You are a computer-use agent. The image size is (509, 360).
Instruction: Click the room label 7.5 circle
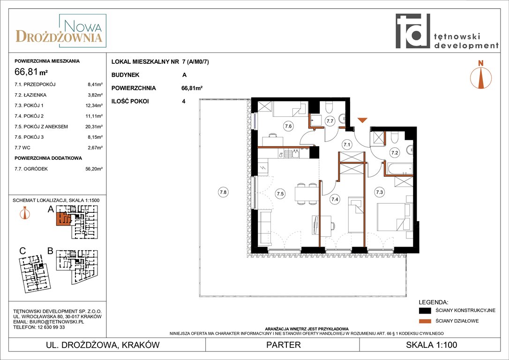pos(280,194)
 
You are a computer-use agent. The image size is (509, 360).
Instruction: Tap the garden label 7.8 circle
pos(223,192)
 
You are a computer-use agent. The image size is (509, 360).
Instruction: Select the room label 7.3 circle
pos(379,192)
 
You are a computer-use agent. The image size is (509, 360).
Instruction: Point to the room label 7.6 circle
pos(288,126)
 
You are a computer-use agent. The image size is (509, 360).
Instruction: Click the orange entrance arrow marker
pos(362,120)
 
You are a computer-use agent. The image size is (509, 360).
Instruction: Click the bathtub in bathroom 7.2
pos(400,169)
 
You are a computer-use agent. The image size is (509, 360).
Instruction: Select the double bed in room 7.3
pos(394,217)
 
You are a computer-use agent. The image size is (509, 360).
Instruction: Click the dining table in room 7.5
pos(306,194)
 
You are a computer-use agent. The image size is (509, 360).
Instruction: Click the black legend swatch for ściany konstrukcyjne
pos(425,311)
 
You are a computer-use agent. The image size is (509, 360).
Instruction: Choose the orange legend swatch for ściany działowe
pos(425,321)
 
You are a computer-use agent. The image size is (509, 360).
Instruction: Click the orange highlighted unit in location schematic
pos(64,219)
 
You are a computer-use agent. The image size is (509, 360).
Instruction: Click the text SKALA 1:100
pos(431,345)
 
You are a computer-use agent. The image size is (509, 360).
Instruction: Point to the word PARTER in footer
pos(284,345)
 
